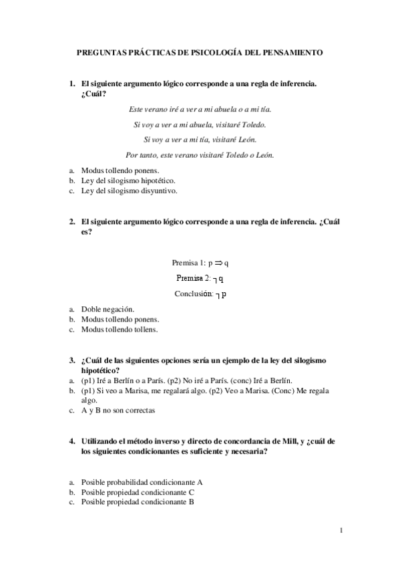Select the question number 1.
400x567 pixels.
click(x=72, y=84)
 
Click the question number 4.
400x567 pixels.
click(x=72, y=441)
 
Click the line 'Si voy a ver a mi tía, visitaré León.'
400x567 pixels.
click(x=200, y=139)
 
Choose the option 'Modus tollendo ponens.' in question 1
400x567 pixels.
click(x=120, y=171)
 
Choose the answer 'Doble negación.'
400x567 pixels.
click(x=108, y=310)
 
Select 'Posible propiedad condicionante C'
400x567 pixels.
click(x=137, y=492)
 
